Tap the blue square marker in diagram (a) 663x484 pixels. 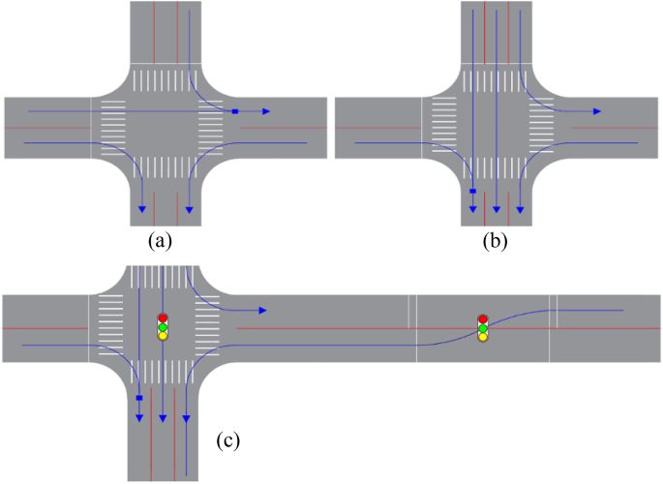[235, 112]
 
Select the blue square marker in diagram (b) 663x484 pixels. [472, 192]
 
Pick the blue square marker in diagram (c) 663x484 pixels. [139, 398]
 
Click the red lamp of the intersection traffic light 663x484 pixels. [163, 318]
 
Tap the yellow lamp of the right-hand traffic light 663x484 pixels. [483, 337]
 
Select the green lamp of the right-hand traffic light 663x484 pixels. [483, 328]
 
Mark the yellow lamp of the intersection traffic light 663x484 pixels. [163, 335]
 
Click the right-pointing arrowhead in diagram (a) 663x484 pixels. [266, 112]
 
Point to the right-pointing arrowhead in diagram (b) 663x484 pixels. [597, 111]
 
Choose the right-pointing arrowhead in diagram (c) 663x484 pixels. [262, 311]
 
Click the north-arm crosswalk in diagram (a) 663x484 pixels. [166, 79]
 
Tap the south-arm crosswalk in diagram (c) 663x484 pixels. [162, 369]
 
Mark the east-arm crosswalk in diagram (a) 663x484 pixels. [211, 127]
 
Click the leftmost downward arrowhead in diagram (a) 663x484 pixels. [142, 208]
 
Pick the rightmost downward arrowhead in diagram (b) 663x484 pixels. [521, 208]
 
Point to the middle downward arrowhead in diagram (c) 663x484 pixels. [163, 418]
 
